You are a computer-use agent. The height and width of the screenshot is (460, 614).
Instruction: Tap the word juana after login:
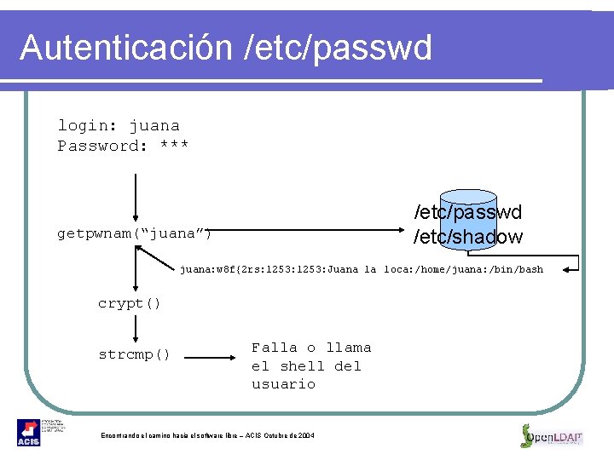tap(154, 126)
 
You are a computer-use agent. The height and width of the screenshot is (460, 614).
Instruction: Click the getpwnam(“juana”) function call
tap(135, 233)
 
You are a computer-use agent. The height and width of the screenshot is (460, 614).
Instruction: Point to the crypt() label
tap(130, 303)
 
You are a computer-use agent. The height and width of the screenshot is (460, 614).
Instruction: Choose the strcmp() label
tap(135, 354)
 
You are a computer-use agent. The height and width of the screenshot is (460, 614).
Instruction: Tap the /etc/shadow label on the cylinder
tap(468, 237)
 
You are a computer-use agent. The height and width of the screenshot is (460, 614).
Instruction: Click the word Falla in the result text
tap(275, 348)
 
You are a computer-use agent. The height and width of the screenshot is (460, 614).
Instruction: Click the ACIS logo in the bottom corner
tap(29, 433)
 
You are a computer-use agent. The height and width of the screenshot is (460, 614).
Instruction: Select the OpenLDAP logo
tap(552, 435)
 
